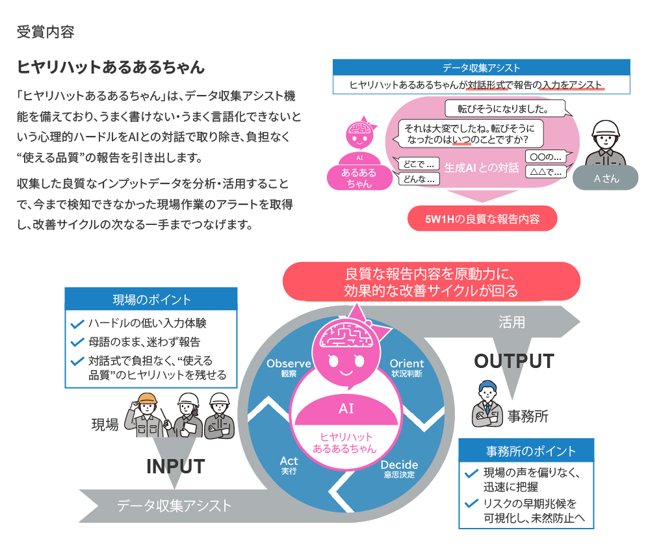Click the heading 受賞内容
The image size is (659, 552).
(45, 32)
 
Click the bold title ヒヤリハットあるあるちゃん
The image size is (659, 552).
(110, 67)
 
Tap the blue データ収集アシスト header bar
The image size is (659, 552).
(481, 68)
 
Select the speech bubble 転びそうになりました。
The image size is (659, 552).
(504, 108)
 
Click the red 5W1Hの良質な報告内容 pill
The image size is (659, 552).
(482, 219)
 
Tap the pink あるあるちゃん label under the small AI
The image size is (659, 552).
(359, 178)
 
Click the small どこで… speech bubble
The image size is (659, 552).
(418, 163)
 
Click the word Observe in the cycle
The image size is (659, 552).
(289, 363)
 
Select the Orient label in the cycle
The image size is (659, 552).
(406, 363)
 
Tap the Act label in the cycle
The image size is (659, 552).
(289, 461)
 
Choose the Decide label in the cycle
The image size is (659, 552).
(399, 465)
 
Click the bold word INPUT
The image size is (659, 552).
(175, 466)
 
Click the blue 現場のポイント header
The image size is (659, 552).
(151, 299)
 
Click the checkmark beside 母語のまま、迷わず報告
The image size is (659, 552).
(77, 342)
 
